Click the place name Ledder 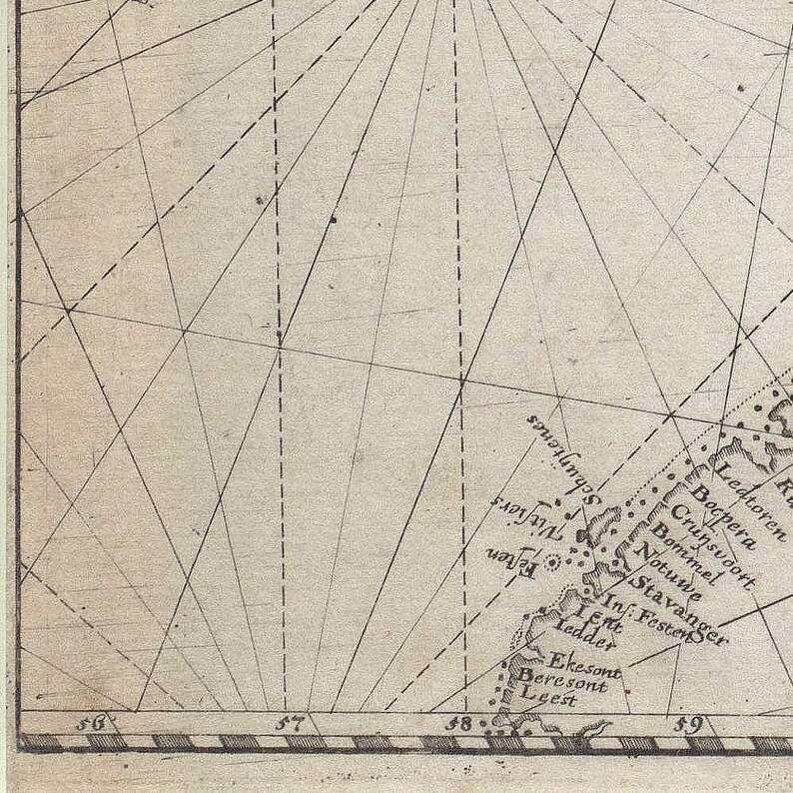pyautogui.click(x=584, y=637)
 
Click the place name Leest pyautogui.click(x=551, y=700)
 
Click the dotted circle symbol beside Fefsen pyautogui.click(x=550, y=562)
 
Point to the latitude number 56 pyautogui.click(x=95, y=723)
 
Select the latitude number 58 pyautogui.click(x=459, y=723)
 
